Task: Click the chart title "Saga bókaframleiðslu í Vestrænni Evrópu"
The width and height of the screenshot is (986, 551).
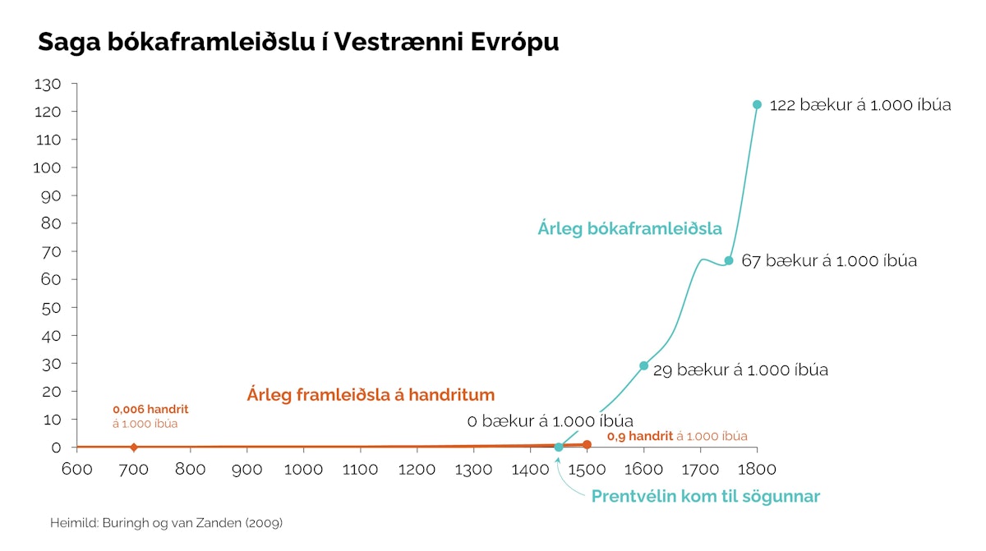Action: click(x=298, y=43)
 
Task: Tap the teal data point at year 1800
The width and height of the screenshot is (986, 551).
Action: click(x=757, y=104)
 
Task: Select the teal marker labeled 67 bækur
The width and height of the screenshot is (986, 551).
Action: click(x=728, y=260)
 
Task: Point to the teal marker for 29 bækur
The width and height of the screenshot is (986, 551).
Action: click(x=643, y=365)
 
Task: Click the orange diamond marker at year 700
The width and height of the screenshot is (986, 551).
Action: click(x=134, y=447)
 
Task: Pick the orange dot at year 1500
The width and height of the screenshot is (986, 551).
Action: click(x=587, y=444)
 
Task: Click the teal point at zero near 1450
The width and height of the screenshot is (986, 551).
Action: click(x=559, y=447)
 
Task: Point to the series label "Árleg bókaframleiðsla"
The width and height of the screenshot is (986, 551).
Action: click(x=629, y=228)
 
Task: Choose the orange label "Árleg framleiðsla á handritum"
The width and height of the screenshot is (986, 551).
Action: click(x=371, y=394)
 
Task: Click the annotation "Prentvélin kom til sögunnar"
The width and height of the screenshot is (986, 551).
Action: click(x=705, y=497)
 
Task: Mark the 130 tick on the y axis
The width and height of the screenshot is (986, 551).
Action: click(x=48, y=84)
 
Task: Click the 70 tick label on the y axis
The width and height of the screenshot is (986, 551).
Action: click(x=52, y=251)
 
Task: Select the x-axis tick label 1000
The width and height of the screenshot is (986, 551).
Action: click(x=304, y=470)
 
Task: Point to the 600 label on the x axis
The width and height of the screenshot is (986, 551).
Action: click(x=76, y=470)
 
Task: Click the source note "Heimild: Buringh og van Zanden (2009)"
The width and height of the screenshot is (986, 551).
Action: click(x=166, y=522)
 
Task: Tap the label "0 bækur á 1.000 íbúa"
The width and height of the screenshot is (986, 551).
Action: click(x=550, y=421)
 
